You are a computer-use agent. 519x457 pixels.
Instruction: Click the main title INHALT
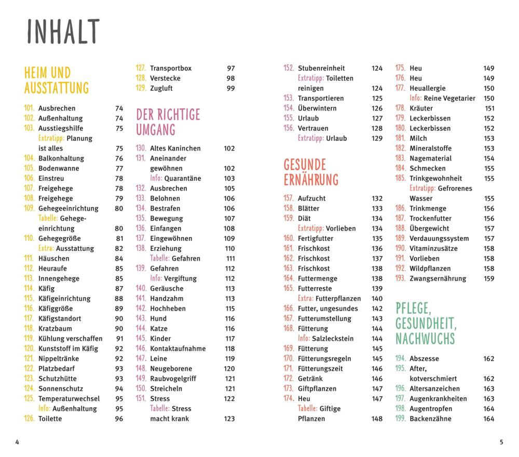tap(63, 32)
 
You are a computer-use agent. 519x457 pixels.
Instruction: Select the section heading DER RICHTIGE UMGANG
tap(168, 122)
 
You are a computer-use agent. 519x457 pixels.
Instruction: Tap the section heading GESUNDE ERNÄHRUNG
tap(311, 172)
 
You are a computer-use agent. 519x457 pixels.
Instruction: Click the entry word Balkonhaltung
tap(61, 158)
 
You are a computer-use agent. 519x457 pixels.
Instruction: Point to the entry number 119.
tap(29, 339)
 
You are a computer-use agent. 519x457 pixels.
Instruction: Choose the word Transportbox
tap(171, 68)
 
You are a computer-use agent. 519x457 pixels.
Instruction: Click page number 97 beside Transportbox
tap(231, 68)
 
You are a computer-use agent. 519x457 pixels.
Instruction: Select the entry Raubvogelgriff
tap(173, 379)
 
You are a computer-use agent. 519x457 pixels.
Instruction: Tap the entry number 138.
tap(141, 248)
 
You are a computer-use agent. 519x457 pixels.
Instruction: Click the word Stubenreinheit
tap(321, 68)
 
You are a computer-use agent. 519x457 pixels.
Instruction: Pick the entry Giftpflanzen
tap(317, 388)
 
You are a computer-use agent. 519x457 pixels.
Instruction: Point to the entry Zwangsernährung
tap(438, 278)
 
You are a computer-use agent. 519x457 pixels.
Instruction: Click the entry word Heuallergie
tap(427, 88)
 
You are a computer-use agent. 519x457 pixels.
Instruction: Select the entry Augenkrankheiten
tap(438, 399)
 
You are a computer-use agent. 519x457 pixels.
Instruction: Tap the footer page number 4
tap(17, 442)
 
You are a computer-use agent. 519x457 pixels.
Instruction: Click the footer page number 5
tap(501, 442)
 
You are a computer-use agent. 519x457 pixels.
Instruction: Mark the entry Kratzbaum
tap(55, 329)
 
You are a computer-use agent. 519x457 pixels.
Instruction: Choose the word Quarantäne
tap(183, 178)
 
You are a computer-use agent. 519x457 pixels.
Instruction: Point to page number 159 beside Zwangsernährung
tap(489, 278)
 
